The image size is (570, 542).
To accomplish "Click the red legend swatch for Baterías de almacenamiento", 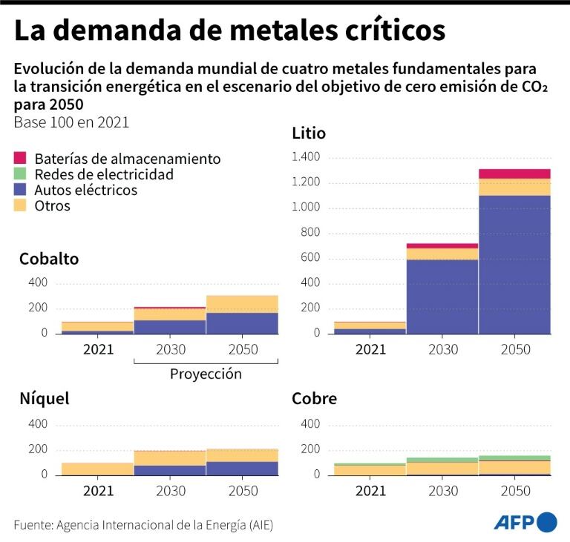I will point(20,158).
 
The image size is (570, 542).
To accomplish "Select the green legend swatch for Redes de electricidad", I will point(20,174).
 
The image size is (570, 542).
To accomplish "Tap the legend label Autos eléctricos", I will point(85,190).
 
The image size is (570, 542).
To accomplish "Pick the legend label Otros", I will point(52,205).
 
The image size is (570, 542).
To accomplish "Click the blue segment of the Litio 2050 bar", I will point(514,264).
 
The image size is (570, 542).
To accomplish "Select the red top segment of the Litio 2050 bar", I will point(514,173).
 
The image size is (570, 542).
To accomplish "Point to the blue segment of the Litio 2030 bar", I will point(442,296).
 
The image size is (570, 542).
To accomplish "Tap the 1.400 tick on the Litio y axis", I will point(306,157).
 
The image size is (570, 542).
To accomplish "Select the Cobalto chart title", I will point(49,259).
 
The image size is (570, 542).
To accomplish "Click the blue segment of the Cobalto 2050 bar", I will point(242,323).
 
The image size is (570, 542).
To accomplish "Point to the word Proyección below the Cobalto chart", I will point(206,374).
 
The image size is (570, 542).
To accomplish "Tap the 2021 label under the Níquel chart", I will point(98,490).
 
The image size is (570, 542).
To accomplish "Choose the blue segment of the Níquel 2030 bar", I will point(170,469).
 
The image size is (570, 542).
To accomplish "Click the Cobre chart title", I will point(315,399).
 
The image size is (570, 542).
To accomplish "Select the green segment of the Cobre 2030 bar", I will point(442,460).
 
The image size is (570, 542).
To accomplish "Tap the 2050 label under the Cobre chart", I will point(516,490).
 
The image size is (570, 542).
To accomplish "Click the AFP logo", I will point(525,522).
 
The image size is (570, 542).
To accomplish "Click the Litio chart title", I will point(309,133).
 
